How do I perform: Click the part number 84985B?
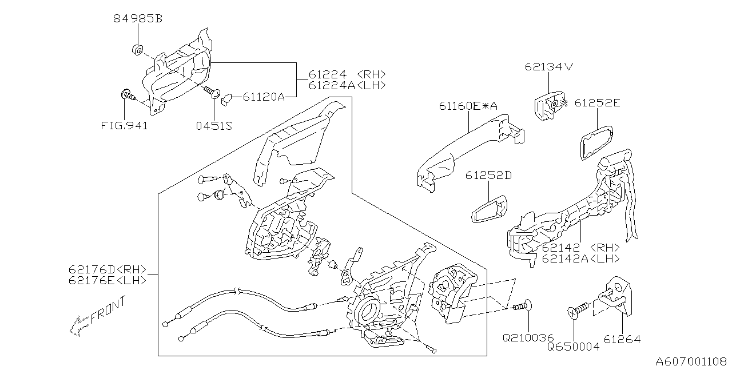click(x=137, y=19)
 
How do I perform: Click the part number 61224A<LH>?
click(x=347, y=85)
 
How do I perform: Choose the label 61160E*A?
click(x=468, y=106)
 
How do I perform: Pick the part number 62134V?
click(x=548, y=67)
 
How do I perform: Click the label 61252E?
click(x=597, y=103)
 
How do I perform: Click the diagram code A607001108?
click(x=693, y=360)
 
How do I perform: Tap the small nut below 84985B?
click(x=137, y=49)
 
